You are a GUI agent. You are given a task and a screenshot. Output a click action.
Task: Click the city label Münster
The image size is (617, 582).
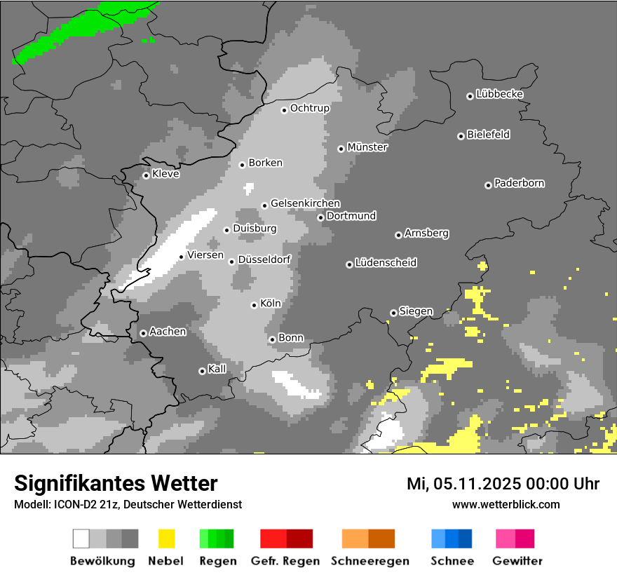[367, 147]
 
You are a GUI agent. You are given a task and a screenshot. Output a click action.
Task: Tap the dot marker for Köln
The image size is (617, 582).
[255, 305]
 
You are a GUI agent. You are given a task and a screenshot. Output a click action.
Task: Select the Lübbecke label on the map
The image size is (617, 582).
[499, 94]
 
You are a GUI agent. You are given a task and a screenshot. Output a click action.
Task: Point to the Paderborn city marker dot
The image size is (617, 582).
[488, 185]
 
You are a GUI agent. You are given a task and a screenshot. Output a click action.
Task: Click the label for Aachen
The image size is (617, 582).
[168, 331]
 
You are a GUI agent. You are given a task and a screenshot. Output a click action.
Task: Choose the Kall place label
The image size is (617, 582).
[217, 369]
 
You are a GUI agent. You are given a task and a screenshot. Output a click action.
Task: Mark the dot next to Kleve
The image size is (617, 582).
[146, 175]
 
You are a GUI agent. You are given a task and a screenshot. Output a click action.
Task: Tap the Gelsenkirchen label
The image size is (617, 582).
[305, 203]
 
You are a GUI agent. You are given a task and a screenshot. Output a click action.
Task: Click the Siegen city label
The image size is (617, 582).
[416, 311]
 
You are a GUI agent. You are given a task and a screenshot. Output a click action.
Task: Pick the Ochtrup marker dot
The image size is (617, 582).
[284, 110]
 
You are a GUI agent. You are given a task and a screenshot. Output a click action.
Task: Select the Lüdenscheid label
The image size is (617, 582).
[386, 262]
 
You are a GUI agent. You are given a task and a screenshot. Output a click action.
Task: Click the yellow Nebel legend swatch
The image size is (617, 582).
[166, 539]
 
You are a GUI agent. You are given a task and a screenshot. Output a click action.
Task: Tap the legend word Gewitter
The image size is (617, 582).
[517, 561]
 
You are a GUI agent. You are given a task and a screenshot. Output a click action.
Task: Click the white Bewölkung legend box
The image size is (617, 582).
[81, 539]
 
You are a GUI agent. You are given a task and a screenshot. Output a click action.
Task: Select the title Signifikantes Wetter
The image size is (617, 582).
[116, 483]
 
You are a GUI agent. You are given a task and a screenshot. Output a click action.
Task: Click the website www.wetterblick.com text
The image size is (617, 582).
[506, 504]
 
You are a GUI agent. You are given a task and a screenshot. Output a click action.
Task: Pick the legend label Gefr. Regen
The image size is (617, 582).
[285, 561]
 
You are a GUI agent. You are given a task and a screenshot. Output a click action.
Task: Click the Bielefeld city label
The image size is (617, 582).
[488, 135]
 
